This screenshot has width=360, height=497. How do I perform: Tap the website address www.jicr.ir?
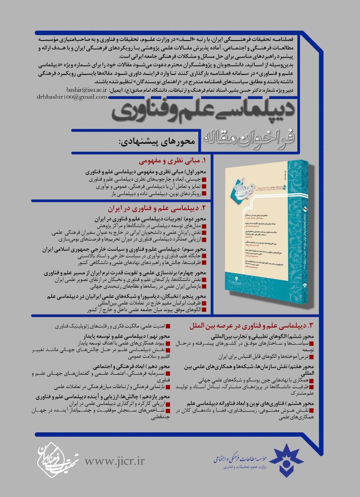pos(115,461)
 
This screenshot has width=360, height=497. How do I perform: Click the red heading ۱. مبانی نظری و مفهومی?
pos(172,161)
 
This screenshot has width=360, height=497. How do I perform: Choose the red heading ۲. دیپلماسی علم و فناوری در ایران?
pos(157,209)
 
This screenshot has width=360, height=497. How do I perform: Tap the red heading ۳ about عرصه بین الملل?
pos(252,326)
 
